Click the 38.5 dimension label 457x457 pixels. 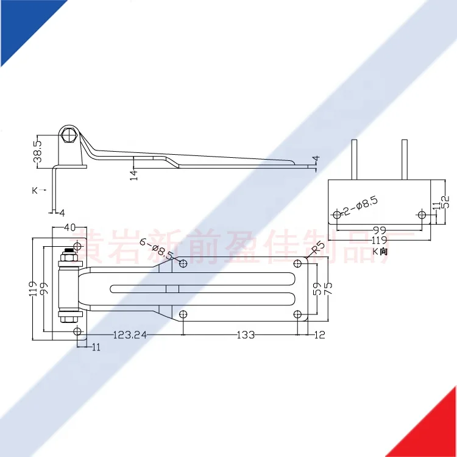pyautogui.click(x=37, y=151)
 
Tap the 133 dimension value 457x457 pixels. pyautogui.click(x=244, y=334)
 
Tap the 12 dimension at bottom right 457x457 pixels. pyautogui.click(x=321, y=334)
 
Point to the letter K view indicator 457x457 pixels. pyautogui.click(x=35, y=190)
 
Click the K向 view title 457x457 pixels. pyautogui.click(x=380, y=251)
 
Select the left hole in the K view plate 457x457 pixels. pyautogui.click(x=337, y=214)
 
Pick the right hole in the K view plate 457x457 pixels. pyautogui.click(x=422, y=214)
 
